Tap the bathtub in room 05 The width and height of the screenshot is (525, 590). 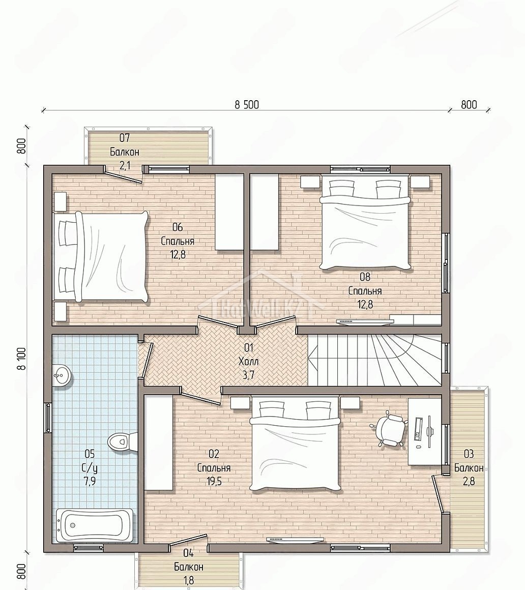tap(95, 525)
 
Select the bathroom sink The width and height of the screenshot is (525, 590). tap(61, 375)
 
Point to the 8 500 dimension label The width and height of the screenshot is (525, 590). tap(247, 105)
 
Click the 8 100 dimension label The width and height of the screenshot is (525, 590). tap(22, 359)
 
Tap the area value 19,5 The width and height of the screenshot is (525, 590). tap(214, 482)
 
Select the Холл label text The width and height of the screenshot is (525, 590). tap(248, 362)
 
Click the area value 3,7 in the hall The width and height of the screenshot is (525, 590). tap(249, 375)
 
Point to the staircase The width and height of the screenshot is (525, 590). tap(375, 360)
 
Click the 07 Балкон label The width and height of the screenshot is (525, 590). tap(125, 145)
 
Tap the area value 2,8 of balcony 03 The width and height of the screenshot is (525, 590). tap(469, 482)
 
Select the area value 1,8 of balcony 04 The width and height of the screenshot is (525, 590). tap(189, 580)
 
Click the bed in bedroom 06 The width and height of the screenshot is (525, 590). tap(100, 257)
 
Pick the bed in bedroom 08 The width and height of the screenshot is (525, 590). tap(365, 225)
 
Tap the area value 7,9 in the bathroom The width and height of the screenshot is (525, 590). tap(89, 482)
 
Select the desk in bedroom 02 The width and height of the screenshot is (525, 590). tap(425, 431)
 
